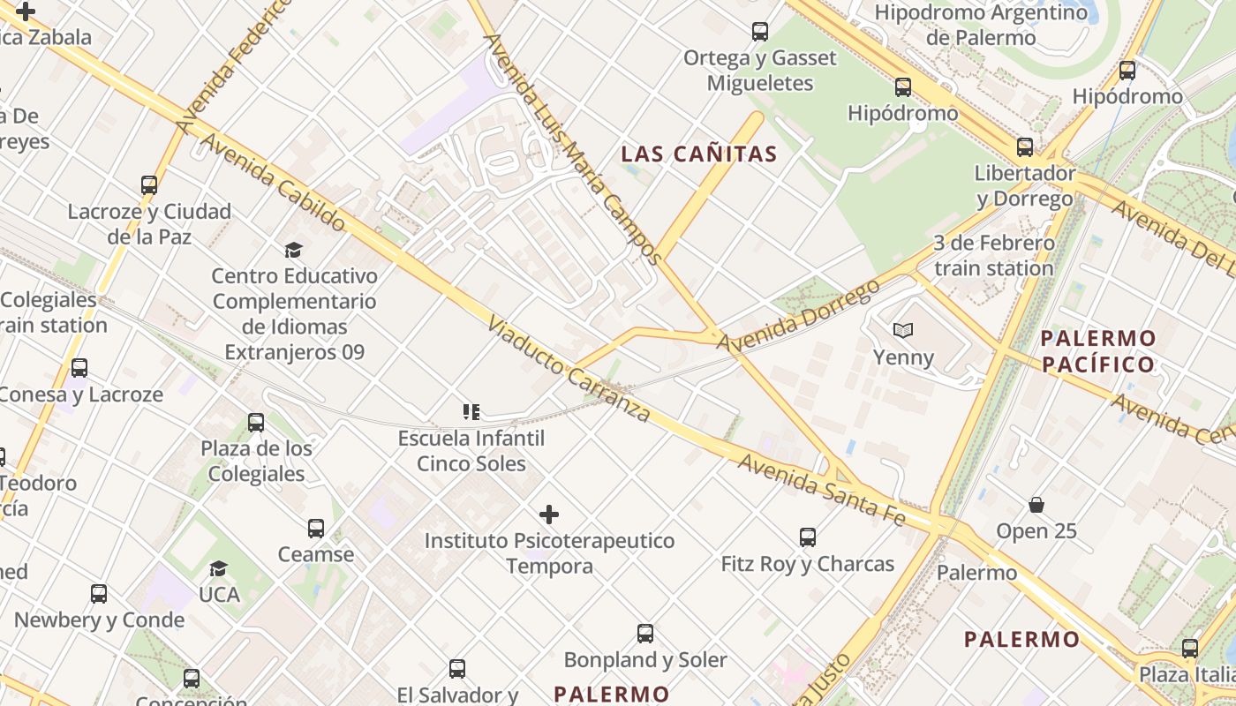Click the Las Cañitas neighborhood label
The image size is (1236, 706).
698,154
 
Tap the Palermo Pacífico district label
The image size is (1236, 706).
1097,350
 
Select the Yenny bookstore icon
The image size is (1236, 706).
902,331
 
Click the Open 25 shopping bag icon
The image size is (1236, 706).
1036,505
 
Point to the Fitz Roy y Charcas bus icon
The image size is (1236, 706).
807,537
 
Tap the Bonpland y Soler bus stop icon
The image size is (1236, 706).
645,633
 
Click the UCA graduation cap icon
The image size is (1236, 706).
218,568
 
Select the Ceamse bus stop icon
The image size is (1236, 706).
315,528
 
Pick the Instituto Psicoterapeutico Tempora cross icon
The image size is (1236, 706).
549,514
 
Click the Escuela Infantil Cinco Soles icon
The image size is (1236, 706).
471,411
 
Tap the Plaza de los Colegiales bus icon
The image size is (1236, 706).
256,422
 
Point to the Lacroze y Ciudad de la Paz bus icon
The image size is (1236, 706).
149,185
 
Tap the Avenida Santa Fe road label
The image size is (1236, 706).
822,491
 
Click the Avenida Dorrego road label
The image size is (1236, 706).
798,315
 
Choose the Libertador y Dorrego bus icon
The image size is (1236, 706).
1024,146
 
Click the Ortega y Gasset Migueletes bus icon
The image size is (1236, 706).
760,32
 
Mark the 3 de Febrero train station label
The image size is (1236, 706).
993,255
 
